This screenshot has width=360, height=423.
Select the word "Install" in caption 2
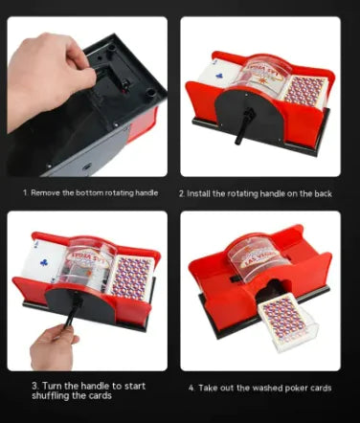[198, 193]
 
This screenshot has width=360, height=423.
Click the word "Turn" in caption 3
[53, 386]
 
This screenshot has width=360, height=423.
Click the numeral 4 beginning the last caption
[191, 389]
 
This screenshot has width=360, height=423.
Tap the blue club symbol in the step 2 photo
[220, 76]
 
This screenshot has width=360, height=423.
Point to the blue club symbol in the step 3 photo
[44, 262]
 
